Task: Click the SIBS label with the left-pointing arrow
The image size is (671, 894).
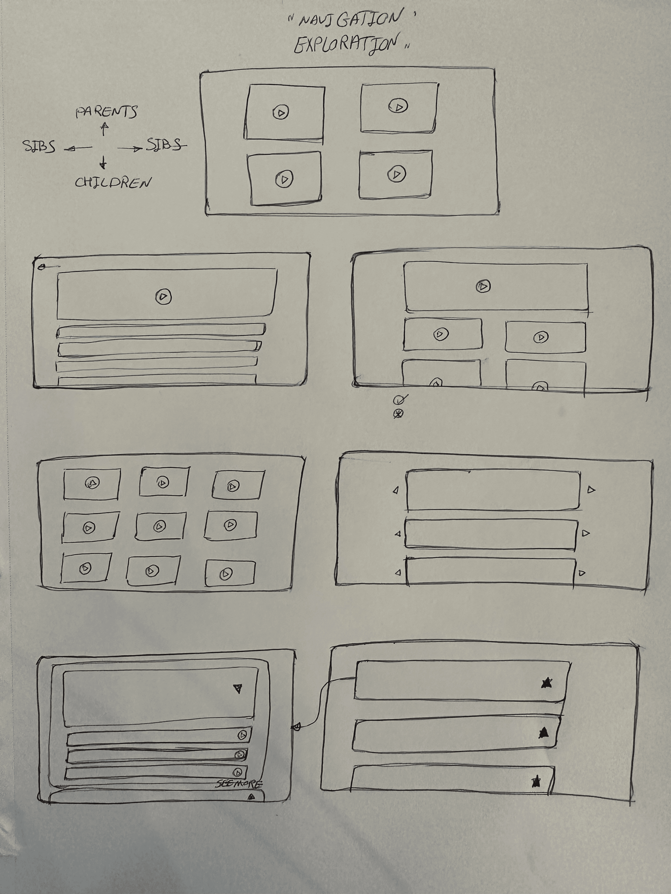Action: [x=39, y=147]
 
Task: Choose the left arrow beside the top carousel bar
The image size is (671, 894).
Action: [x=396, y=490]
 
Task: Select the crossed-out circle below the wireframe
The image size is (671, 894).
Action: [x=399, y=414]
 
